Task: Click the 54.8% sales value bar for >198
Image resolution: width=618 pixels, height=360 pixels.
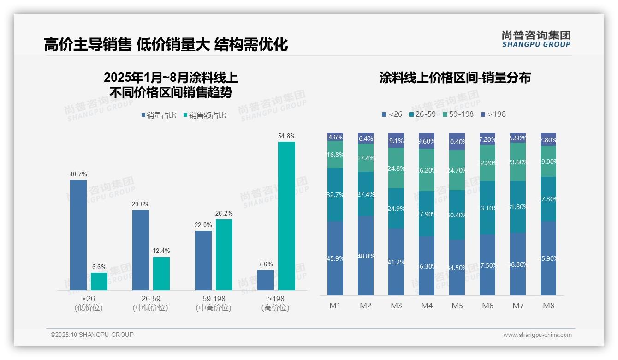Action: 286,216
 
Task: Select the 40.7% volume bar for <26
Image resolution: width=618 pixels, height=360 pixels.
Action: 78,235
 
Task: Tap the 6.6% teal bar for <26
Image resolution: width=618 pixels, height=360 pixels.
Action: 99,282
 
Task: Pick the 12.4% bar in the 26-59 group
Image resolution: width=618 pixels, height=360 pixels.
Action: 161,274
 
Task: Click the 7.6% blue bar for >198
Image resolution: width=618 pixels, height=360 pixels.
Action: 266,280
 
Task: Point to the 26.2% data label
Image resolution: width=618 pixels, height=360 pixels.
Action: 224,214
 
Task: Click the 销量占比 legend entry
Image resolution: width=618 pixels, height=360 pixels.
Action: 160,115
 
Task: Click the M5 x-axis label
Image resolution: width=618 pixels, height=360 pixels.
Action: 457,306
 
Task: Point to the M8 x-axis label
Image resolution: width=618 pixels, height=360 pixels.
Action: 548,306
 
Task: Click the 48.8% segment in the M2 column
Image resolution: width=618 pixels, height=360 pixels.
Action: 366,256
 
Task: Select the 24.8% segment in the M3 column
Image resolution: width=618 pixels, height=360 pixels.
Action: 396,168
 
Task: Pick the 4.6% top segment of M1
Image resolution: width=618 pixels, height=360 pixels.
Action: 335,137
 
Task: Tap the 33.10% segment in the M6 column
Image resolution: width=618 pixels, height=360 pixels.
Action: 487,208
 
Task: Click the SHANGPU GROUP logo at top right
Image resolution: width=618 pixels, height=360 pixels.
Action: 536,39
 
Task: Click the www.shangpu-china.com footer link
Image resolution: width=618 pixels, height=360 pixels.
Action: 537,335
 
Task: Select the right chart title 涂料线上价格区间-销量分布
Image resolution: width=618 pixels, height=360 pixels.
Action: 455,78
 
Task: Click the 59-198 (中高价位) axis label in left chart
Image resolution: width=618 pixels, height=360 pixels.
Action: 213,303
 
